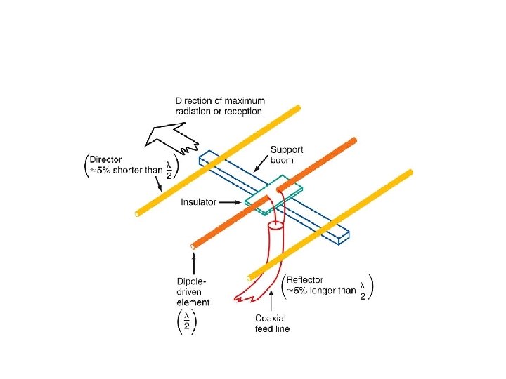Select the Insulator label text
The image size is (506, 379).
tap(199, 202)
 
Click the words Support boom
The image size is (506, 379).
tap(287, 154)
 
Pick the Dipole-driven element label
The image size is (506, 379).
tap(193, 293)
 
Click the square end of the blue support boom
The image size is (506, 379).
tap(344, 239)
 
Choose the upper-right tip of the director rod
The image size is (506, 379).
tap(298, 107)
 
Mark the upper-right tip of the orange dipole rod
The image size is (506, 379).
tap(354, 140)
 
